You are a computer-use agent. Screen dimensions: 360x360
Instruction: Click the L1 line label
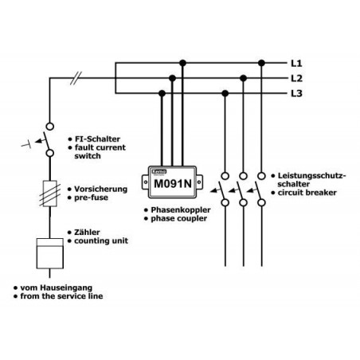pos(296,61)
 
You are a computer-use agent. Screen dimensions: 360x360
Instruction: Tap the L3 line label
pos(296,93)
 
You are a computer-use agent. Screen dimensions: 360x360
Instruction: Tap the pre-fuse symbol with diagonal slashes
pos(49,194)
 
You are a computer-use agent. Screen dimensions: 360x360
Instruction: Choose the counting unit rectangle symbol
pos(49,254)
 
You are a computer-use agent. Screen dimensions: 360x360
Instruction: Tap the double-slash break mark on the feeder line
pos(76,78)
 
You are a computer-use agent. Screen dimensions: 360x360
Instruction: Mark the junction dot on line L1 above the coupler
pos(182,61)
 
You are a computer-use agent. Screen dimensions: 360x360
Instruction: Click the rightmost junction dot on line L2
pos(243,77)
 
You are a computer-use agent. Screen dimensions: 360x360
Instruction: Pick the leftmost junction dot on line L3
pos(164,93)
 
